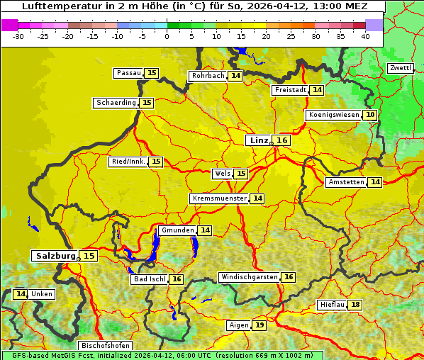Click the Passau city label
(x=129, y=73)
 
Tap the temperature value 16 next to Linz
(x=282, y=140)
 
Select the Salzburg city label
(x=55, y=256)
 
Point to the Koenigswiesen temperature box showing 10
(x=370, y=115)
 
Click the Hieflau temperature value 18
(x=355, y=305)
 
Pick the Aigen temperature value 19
(x=260, y=325)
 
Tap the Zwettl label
(x=400, y=68)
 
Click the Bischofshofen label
(x=106, y=346)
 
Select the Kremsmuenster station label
(x=219, y=198)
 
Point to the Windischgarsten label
(x=249, y=277)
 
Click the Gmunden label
(x=177, y=230)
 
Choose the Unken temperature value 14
(x=21, y=294)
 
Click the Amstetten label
(x=346, y=182)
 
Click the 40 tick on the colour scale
(x=365, y=35)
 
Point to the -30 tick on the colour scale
(x=18, y=35)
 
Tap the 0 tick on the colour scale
(x=167, y=35)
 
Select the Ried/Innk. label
(x=128, y=162)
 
